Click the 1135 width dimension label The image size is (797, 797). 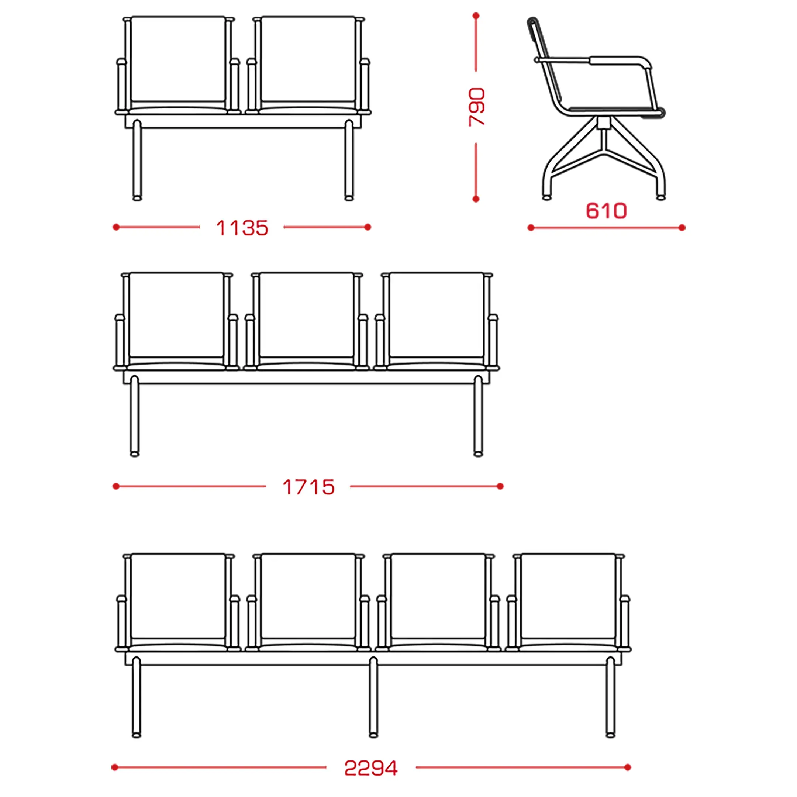click(242, 228)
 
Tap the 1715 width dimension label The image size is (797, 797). click(308, 487)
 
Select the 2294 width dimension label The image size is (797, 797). click(371, 768)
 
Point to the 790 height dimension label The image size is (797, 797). click(476, 107)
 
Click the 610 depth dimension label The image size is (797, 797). click(606, 211)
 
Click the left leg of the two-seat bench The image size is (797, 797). click(137, 161)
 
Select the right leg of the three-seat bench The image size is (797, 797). click(478, 416)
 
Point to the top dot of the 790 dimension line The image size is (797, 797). click(476, 15)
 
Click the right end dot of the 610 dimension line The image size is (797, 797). click(682, 228)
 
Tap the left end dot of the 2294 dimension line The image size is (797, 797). click(115, 768)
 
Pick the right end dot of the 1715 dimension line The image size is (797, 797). click(500, 486)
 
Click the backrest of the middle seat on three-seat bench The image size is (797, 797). click(307, 315)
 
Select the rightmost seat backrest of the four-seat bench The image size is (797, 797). click(568, 597)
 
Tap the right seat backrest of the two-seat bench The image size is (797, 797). click(308, 60)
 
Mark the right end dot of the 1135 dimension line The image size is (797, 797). click(368, 227)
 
